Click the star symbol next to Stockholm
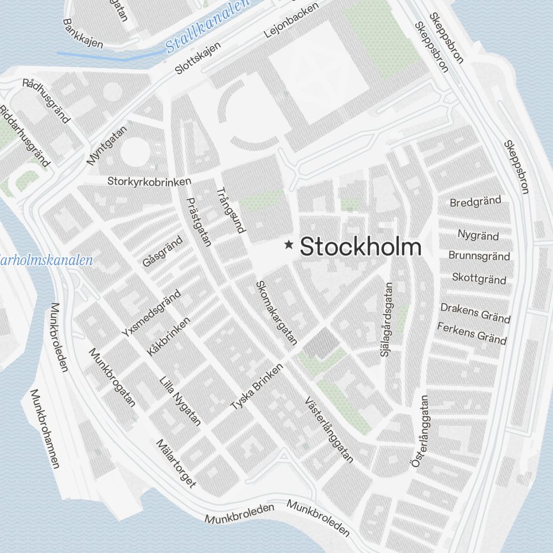(x=289, y=245)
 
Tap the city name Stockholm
(x=361, y=247)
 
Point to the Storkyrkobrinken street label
(x=149, y=181)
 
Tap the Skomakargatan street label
(x=276, y=313)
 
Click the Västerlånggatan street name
(x=328, y=429)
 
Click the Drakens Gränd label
(x=475, y=312)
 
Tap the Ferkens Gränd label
(x=472, y=333)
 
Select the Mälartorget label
(x=176, y=463)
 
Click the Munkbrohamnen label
(x=44, y=429)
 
